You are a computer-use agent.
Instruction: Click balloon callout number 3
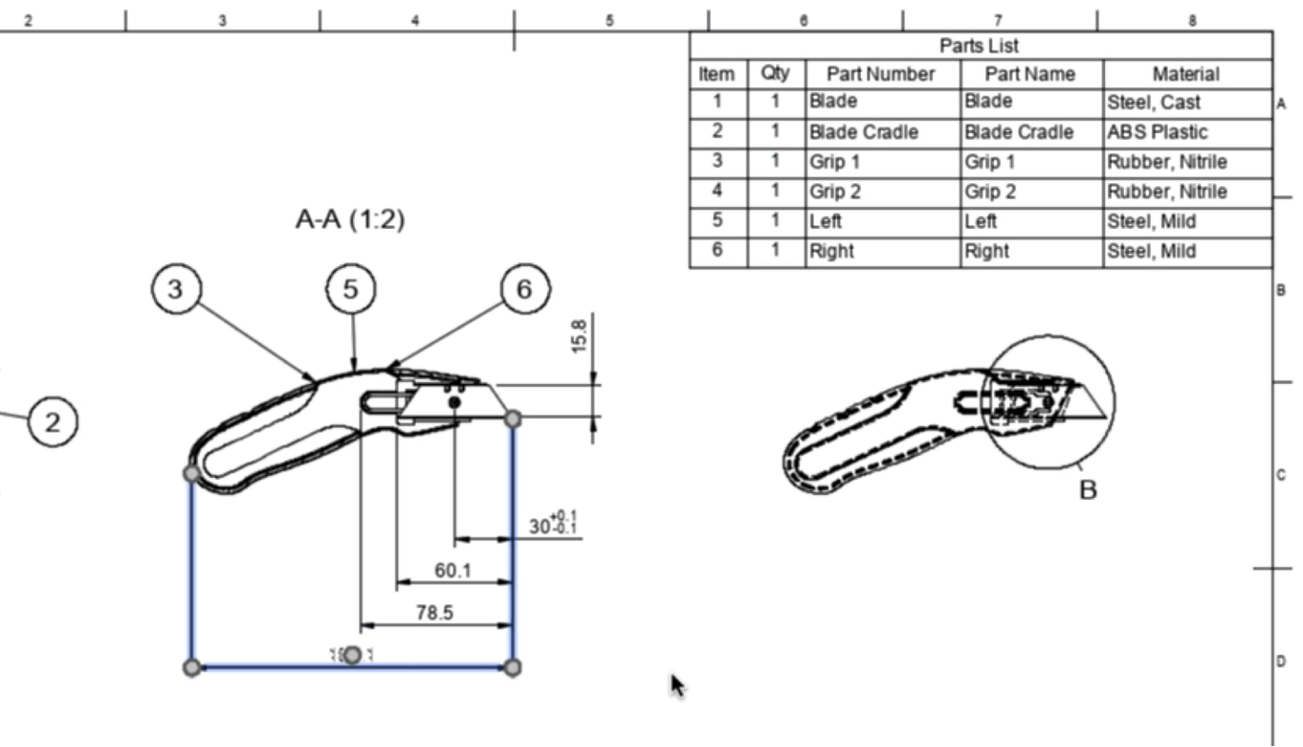pos(175,289)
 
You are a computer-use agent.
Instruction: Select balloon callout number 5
pos(351,289)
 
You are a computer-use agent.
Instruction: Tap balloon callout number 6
pos(525,289)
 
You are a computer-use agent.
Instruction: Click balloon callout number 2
pos(52,422)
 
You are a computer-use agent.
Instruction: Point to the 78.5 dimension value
pos(434,613)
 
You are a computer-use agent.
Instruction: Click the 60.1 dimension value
pos(453,570)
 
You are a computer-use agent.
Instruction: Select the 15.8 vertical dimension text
pos(579,336)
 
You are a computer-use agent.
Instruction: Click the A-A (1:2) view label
pos(350,220)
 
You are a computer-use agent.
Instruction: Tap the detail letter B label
pos(1088,490)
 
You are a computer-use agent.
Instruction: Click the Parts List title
pos(979,46)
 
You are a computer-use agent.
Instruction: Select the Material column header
pos(1185,74)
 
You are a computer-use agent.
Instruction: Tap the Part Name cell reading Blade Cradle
pos(1019,132)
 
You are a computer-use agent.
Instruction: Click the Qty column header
pos(775,73)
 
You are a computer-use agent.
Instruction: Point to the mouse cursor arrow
pos(676,684)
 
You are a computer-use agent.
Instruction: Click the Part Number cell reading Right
pos(831,252)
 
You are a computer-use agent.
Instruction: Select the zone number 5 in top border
pos(610,20)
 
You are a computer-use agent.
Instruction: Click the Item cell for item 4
pos(717,191)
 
